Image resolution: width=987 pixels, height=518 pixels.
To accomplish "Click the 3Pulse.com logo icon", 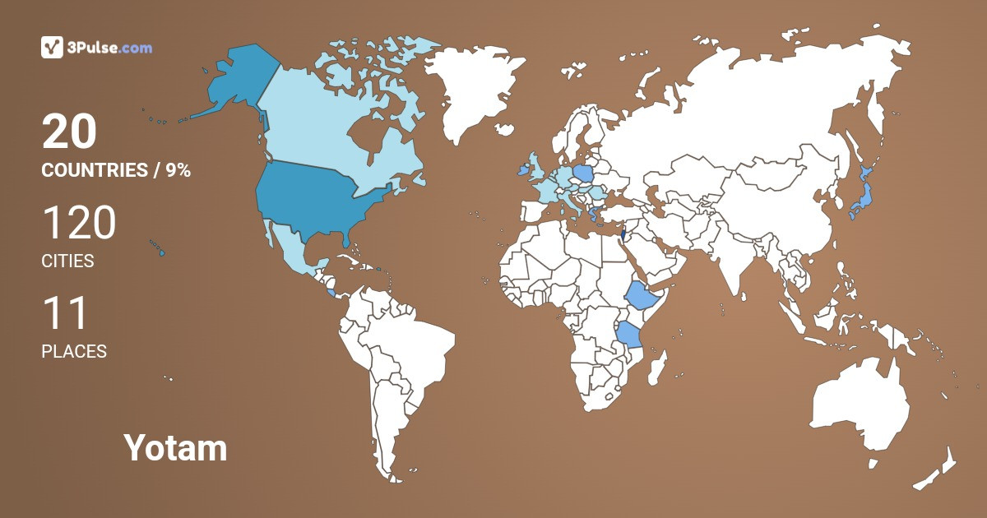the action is coord(52,48).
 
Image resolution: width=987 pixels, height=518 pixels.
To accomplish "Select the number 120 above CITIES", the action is coord(79,224).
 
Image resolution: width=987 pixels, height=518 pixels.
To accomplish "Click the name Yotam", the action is coord(175,448).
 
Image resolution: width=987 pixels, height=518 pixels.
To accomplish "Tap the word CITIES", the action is coord(67,261).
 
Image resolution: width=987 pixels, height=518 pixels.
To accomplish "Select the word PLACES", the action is coord(74,352).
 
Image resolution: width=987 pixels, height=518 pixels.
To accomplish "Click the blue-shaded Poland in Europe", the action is coord(583,173).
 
